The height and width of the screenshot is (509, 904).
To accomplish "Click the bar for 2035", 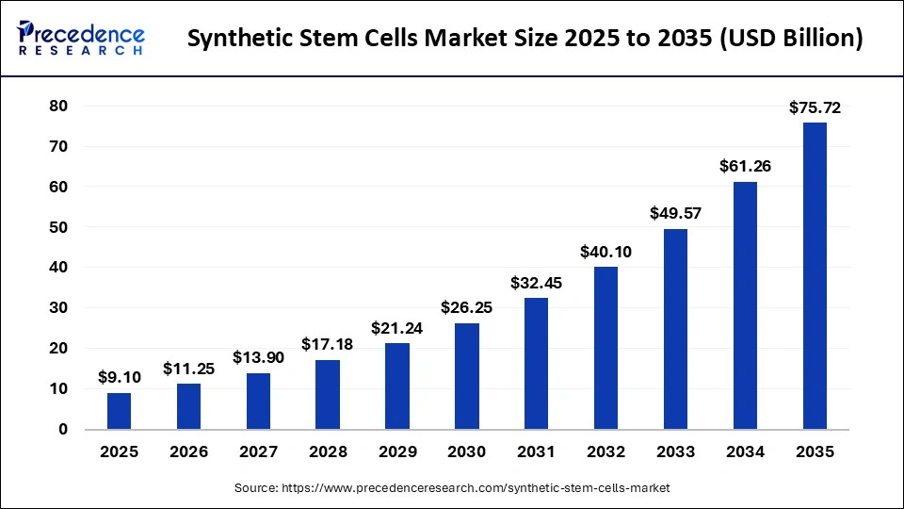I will click(x=814, y=275).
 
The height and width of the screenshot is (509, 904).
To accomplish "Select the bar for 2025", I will click(x=119, y=411).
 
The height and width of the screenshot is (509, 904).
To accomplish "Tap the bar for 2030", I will click(x=466, y=376).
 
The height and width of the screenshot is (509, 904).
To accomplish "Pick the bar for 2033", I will click(x=675, y=329).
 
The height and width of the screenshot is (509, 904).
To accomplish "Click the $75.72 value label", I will click(x=814, y=108).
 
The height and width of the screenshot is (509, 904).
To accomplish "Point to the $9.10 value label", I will click(x=119, y=378).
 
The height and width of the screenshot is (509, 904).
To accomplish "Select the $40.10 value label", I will click(x=605, y=253).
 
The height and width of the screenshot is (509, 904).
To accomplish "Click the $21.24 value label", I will click(x=396, y=329).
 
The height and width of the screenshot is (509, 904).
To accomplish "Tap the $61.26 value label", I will click(x=745, y=167).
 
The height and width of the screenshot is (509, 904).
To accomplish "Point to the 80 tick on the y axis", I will click(x=58, y=107).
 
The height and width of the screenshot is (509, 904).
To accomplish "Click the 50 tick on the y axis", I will click(x=58, y=227).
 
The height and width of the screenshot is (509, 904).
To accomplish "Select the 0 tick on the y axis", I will click(x=63, y=429).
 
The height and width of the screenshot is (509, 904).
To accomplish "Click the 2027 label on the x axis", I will click(x=258, y=452).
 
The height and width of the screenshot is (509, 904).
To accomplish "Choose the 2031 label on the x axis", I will click(x=536, y=452).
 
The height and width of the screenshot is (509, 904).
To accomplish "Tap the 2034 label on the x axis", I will click(x=745, y=452).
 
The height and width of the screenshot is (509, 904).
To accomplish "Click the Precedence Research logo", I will click(x=81, y=38).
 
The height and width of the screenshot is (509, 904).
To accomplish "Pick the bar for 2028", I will click(x=327, y=394).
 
